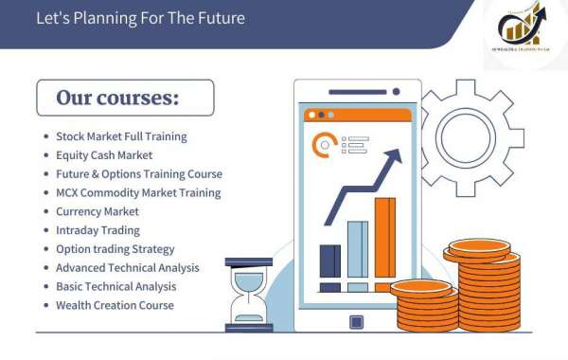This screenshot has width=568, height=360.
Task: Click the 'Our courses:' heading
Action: click(x=117, y=98)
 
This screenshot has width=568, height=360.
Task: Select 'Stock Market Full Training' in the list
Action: click(x=121, y=136)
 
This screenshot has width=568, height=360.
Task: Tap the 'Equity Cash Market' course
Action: click(x=104, y=155)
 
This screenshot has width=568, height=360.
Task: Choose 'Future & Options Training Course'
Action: click(x=139, y=174)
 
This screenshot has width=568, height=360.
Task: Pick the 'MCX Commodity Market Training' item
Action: click(x=138, y=192)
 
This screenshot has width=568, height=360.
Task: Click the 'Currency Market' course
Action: click(x=98, y=211)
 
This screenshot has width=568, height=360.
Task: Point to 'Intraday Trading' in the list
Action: click(x=98, y=230)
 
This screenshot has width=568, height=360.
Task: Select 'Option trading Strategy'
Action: click(x=115, y=249)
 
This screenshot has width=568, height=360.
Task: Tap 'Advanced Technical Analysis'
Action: click(x=128, y=267)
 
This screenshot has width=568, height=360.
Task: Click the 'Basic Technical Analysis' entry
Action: click(x=116, y=286)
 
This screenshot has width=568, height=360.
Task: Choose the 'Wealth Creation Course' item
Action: click(x=115, y=305)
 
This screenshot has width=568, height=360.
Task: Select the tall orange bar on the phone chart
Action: click(x=384, y=243)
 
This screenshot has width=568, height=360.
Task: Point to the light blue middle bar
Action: click(x=357, y=255)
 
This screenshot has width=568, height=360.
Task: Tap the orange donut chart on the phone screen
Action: click(x=325, y=145)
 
